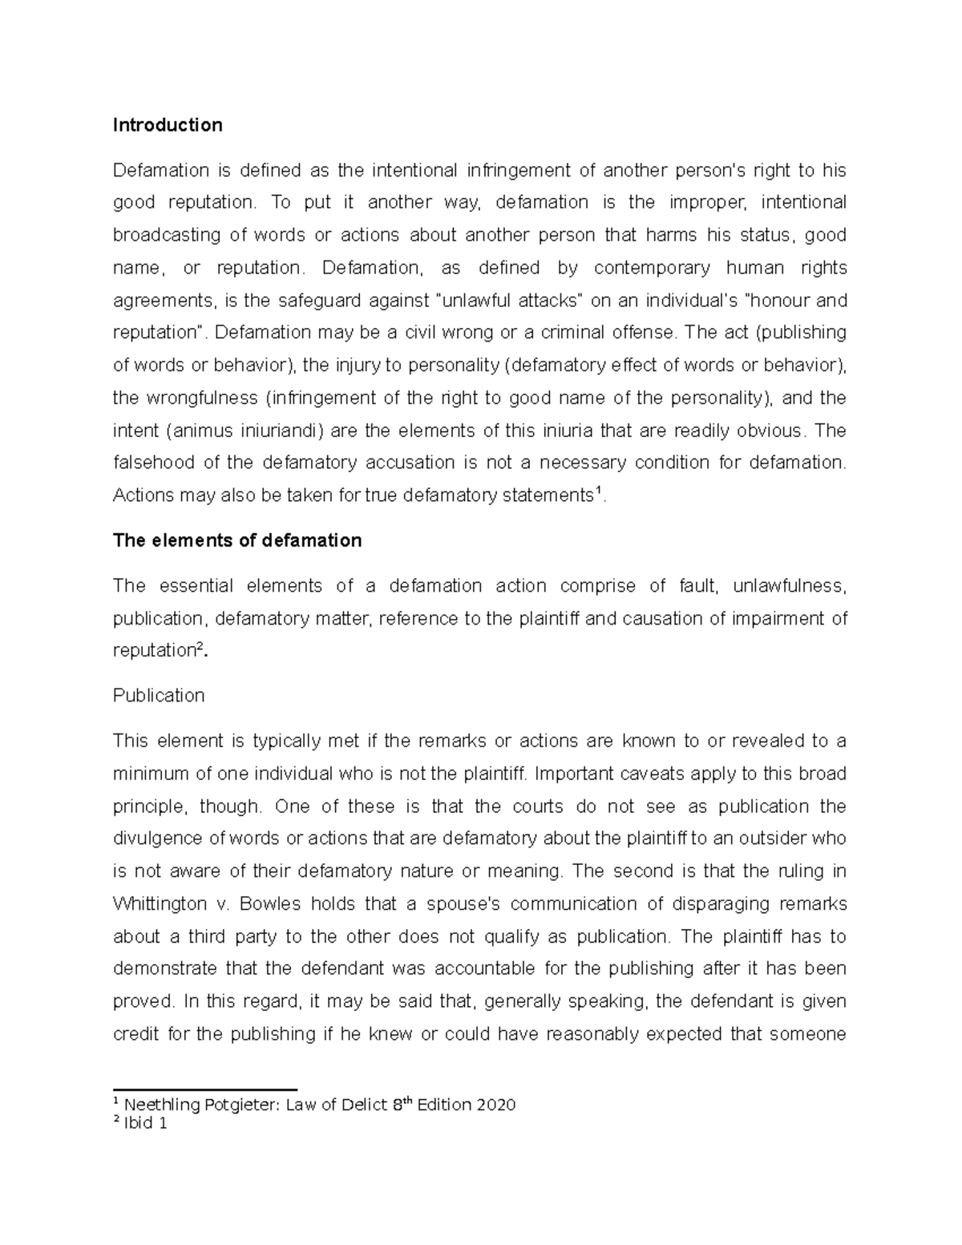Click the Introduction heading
point(168,125)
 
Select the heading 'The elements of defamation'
point(237,540)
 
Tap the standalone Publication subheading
point(159,695)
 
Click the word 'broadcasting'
point(167,235)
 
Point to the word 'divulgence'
point(158,839)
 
